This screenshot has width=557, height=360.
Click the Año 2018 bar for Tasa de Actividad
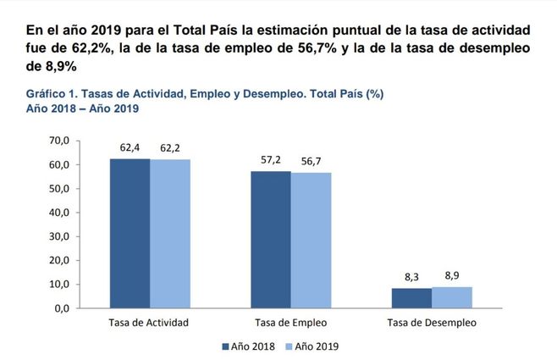[130, 233]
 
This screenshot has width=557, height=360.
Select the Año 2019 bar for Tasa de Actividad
[169, 234]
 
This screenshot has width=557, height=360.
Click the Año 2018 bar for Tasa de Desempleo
[411, 298]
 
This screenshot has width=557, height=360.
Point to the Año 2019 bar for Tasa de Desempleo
[451, 297]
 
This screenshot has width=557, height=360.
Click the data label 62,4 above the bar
[130, 147]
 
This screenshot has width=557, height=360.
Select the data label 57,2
[271, 160]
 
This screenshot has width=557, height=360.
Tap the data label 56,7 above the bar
[311, 161]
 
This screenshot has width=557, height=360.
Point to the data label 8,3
[411, 277]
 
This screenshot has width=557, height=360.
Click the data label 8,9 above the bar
[451, 275]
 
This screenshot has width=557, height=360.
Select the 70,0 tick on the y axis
[58, 140]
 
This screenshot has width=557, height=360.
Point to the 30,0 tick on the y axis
[58, 236]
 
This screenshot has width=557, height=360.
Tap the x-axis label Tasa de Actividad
[149, 323]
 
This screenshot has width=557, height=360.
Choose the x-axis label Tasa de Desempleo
[431, 323]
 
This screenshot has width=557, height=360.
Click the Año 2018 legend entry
[247, 346]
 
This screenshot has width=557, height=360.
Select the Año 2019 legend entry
[313, 346]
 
